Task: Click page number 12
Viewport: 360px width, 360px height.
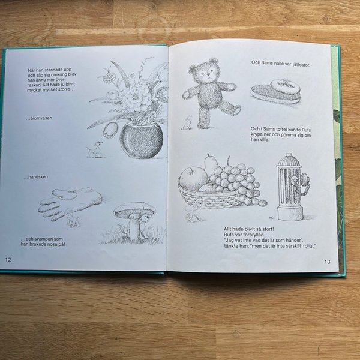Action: pyautogui.click(x=8, y=260)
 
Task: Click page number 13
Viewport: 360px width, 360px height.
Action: pyautogui.click(x=327, y=262)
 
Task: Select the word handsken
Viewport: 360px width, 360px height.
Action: pyautogui.click(x=38, y=177)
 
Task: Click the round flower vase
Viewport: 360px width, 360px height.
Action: pyautogui.click(x=142, y=140)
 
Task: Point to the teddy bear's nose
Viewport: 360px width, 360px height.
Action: pyautogui.click(x=208, y=74)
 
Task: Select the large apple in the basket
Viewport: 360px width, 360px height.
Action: pyautogui.click(x=193, y=179)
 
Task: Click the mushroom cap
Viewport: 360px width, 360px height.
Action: pyautogui.click(x=134, y=210)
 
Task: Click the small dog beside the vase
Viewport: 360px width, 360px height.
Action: pyautogui.click(x=95, y=149)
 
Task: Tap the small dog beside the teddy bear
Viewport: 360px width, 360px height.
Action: pyautogui.click(x=187, y=123)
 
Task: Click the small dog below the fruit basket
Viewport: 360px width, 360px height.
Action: pyautogui.click(x=194, y=213)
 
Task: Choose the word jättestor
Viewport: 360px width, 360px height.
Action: pyautogui.click(x=301, y=65)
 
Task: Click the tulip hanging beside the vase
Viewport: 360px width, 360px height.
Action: pyautogui.click(x=110, y=130)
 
